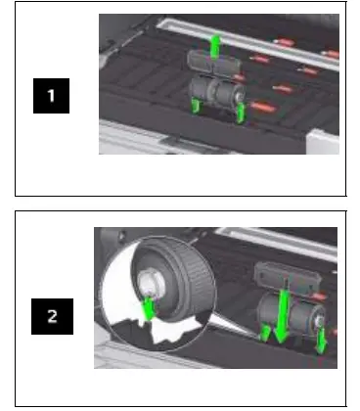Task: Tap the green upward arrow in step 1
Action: [216, 43]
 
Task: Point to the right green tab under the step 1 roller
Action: [241, 116]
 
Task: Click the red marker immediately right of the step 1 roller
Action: [263, 105]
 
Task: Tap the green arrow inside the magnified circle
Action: [148, 309]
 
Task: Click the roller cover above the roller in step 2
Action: [286, 275]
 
